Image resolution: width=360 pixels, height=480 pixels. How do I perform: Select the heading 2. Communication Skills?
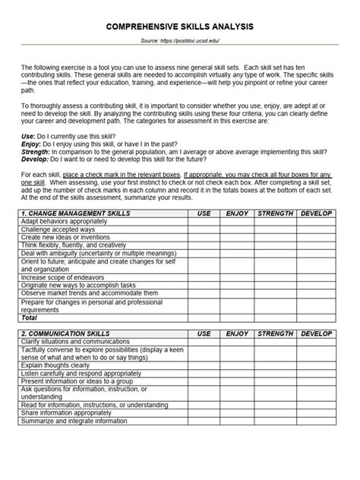[66, 333]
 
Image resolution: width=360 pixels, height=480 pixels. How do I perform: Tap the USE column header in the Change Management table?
[204, 214]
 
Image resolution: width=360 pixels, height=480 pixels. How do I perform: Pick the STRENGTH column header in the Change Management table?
[275, 214]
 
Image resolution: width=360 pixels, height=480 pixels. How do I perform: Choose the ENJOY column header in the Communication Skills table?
[237, 333]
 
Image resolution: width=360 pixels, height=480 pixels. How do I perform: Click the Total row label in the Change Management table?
[29, 317]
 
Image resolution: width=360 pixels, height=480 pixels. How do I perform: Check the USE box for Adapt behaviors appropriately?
[204, 222]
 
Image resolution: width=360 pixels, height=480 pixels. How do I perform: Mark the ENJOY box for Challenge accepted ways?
[237, 229]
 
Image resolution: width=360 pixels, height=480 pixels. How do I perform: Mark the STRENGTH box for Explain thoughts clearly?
[275, 365]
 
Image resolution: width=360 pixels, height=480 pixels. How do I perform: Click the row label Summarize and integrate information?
[74, 420]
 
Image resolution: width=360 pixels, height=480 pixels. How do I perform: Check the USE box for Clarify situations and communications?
[204, 341]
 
